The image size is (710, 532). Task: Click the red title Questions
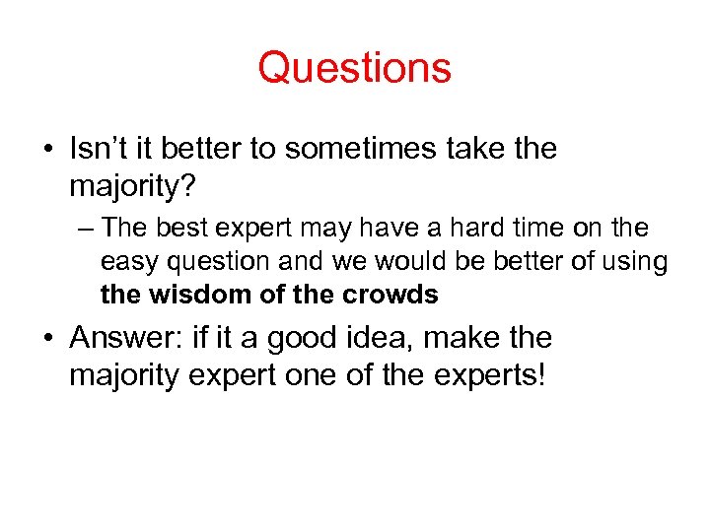coord(354,69)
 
